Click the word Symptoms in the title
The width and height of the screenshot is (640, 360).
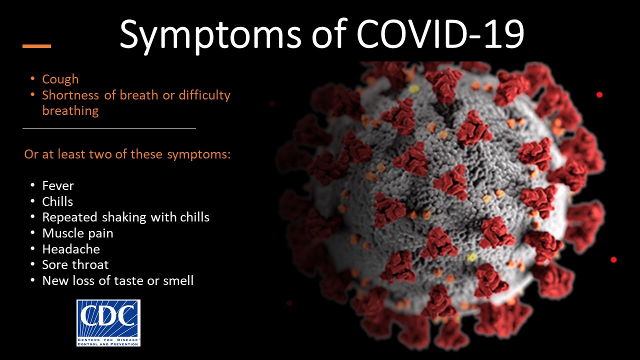(210, 35)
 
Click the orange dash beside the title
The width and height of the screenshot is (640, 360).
(36, 46)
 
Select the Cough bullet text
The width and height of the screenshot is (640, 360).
(60, 79)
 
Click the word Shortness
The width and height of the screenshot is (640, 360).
(70, 95)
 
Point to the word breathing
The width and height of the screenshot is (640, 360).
(70, 111)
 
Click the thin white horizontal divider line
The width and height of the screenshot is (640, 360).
(109, 128)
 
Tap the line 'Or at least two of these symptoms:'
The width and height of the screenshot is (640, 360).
(127, 154)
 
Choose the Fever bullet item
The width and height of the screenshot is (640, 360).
(58, 185)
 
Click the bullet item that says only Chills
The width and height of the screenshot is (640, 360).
(57, 201)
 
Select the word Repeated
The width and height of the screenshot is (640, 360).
(69, 217)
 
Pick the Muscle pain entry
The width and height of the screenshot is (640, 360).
(77, 233)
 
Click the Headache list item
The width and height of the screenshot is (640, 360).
(71, 249)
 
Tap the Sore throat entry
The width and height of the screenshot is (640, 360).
(75, 265)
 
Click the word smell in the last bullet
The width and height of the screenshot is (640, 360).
(178, 280)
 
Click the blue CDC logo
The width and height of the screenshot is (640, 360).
(108, 323)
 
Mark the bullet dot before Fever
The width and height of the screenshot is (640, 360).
(32, 185)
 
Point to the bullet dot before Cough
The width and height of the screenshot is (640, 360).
(32, 78)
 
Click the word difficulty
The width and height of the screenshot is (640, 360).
(204, 95)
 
